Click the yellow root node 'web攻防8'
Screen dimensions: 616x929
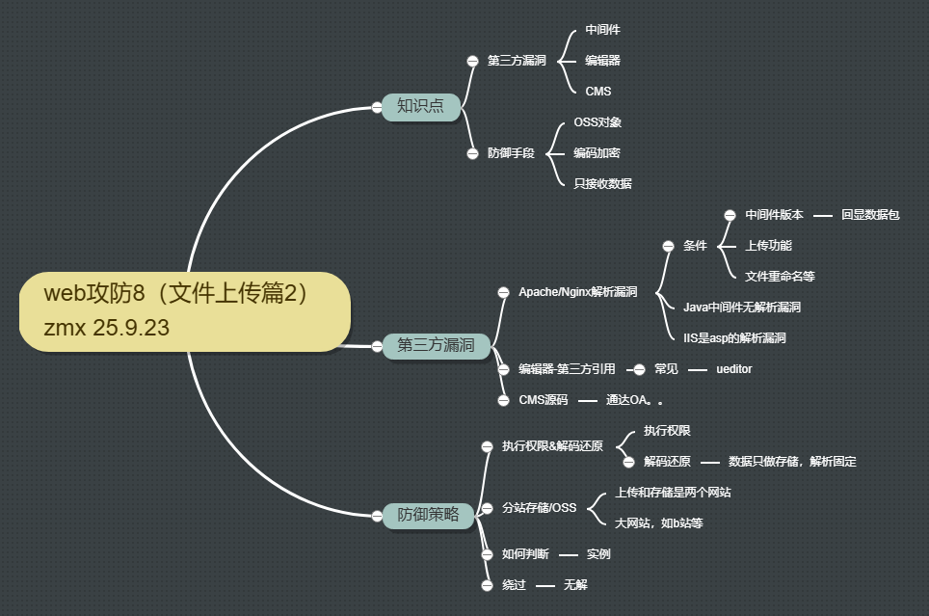tap(184, 310)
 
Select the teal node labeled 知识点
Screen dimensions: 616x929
tap(420, 106)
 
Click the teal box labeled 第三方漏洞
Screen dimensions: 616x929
tap(436, 345)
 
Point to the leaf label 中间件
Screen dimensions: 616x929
tap(602, 30)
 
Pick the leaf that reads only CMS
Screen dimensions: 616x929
tap(597, 92)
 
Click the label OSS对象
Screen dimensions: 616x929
tap(597, 122)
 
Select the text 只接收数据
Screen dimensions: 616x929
tap(602, 183)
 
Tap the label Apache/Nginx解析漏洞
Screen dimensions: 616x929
tap(577, 292)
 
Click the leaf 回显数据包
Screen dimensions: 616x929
tap(869, 215)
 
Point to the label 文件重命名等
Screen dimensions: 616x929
tap(780, 277)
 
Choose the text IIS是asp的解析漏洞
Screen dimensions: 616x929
tap(734, 338)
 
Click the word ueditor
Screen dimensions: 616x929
tap(734, 369)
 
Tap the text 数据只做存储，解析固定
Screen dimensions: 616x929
tap(792, 462)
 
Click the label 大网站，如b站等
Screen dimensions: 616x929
tap(658, 523)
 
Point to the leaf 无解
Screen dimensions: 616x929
tap(575, 585)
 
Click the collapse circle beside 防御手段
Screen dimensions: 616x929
tap(472, 153)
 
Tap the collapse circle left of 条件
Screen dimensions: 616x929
tap(668, 246)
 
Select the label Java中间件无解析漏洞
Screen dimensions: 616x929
tap(741, 308)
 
